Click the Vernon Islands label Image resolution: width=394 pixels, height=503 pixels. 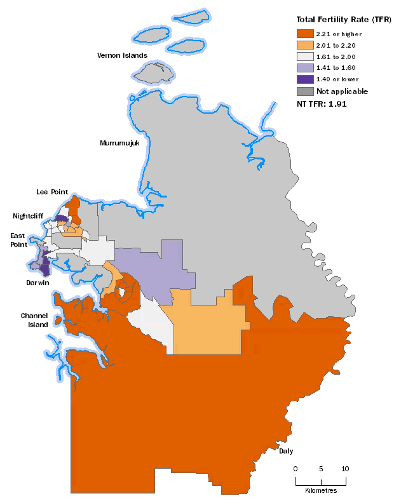click(122, 55)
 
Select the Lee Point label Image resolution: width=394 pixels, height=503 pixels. click(51, 191)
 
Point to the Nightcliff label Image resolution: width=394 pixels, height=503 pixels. click(28, 216)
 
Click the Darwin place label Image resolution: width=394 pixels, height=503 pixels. click(37, 283)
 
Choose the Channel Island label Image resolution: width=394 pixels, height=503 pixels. click(34, 320)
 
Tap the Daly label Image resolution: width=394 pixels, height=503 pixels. click(286, 451)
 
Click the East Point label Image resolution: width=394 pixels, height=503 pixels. click(18, 240)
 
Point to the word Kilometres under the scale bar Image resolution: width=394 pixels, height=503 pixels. click(321, 490)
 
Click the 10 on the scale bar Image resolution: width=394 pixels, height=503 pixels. click(346, 469)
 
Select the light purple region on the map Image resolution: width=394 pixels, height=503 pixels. click(156, 267)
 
